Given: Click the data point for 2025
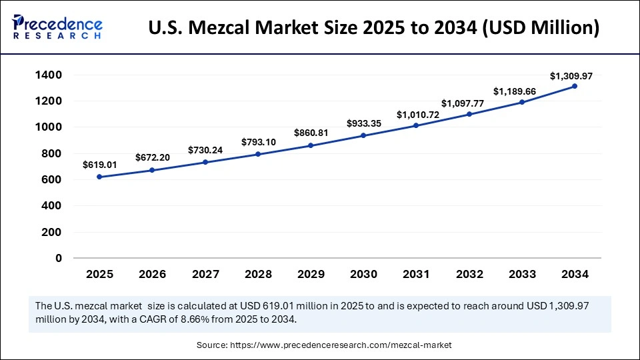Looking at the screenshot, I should click(99, 177).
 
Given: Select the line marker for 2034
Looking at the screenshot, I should click(574, 86).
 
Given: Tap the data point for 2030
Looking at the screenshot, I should click(363, 135).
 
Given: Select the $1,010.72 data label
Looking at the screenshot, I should click(416, 115).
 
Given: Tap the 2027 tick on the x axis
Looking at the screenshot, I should click(205, 274).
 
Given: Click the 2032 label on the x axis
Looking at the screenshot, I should click(469, 274).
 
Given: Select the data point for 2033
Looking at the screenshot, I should click(521, 102).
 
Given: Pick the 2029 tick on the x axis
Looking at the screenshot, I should click(310, 274).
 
